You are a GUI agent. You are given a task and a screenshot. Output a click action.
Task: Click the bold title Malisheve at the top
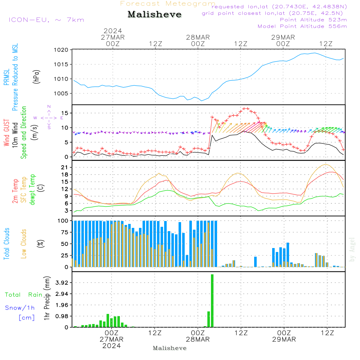coord(154,14)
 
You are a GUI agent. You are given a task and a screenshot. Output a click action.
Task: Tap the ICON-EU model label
coord(29,20)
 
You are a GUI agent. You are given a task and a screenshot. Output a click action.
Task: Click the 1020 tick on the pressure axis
coord(61,50)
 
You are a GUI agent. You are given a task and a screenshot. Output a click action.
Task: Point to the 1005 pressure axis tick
coord(61,94)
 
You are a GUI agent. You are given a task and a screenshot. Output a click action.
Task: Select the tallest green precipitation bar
coord(212,301)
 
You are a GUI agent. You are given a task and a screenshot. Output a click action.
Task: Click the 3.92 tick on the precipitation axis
coord(62,283)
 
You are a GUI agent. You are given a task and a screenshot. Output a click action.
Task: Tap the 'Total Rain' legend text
coord(24,295)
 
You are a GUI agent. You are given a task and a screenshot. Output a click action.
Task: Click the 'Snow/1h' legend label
coord(20,308)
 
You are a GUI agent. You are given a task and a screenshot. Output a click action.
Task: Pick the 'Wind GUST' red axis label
coord(6,133)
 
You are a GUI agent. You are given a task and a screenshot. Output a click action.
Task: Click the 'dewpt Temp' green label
coord(32,189)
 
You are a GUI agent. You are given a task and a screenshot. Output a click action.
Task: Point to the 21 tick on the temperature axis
coord(64,167)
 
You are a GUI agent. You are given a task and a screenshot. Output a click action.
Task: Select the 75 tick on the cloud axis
coord(64,232)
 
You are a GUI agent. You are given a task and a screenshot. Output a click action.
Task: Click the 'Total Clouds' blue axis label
coord(6,244)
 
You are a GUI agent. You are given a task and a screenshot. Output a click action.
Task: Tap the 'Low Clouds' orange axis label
coord(23,244)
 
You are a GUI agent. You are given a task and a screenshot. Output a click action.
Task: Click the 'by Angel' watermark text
coord(352,249)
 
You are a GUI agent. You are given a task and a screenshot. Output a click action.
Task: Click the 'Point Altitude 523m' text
coord(314,20)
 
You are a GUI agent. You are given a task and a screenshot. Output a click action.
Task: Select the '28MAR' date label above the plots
coord(198,37)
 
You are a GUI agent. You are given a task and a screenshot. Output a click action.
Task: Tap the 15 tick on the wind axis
coord(64,113)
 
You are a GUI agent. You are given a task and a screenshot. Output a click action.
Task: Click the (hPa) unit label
coord(36,77)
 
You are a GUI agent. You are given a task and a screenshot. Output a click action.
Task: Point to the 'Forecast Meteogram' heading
coord(168,4)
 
